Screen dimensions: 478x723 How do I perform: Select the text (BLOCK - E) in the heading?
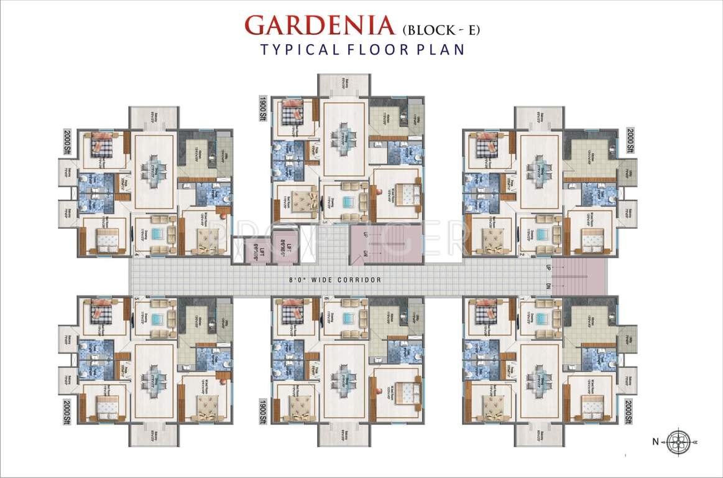point(443,29)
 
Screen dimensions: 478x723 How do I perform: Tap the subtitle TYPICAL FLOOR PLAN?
point(362,50)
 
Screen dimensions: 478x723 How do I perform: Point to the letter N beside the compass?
point(655,443)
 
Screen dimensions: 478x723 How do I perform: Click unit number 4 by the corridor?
point(136,254)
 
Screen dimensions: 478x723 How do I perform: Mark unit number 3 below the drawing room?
point(325,221)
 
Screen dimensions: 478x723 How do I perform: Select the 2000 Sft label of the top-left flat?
point(67,142)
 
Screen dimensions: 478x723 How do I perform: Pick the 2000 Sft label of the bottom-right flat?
point(630,410)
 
